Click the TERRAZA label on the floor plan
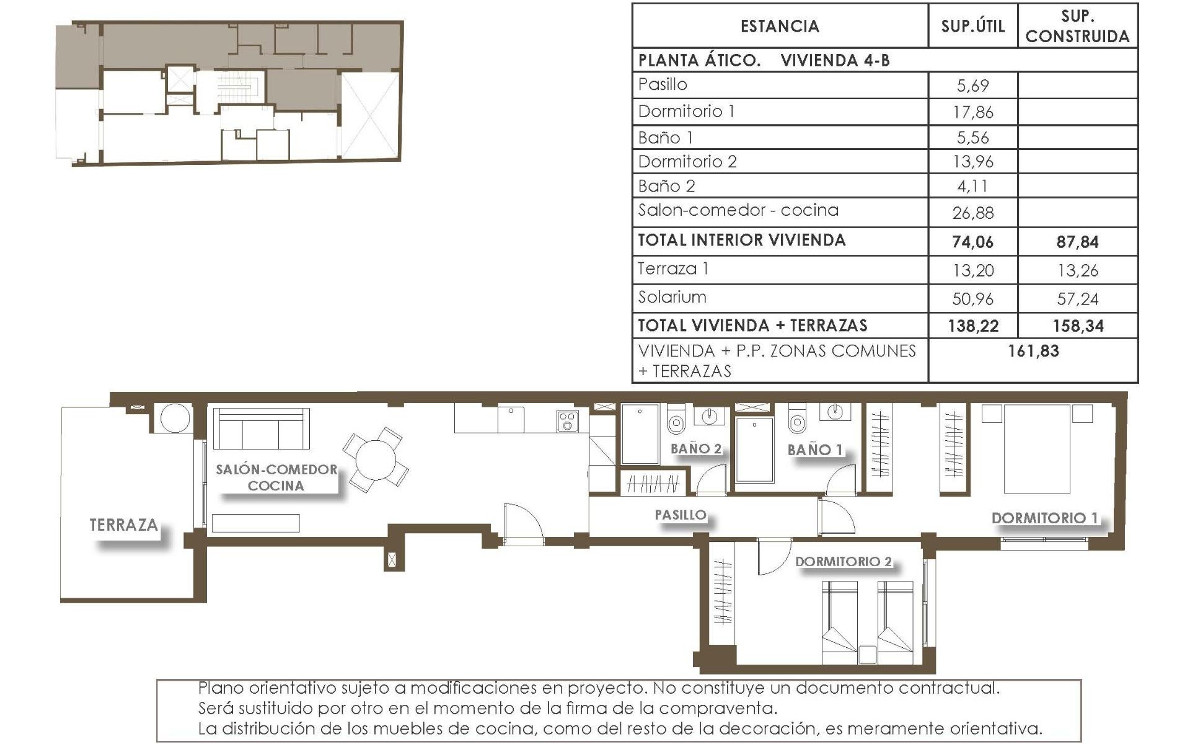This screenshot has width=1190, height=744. [124, 525]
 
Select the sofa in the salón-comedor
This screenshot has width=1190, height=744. [261, 429]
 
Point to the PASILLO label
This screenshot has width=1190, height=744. [681, 515]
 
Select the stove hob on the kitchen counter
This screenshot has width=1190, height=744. [568, 421]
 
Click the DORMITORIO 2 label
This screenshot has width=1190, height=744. [844, 561]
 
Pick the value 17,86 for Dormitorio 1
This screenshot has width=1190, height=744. [972, 112]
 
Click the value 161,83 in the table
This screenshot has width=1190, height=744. [1033, 351]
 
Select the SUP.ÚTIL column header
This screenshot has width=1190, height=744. [972, 26]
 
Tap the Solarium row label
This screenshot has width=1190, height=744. [672, 297]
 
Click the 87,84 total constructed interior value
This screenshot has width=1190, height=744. [1077, 242]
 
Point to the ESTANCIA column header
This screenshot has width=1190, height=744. [780, 26]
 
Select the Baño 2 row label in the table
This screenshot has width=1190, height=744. [667, 186]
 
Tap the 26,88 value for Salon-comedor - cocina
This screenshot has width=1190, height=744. [972, 213]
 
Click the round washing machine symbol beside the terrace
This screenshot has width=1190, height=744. [175, 418]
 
